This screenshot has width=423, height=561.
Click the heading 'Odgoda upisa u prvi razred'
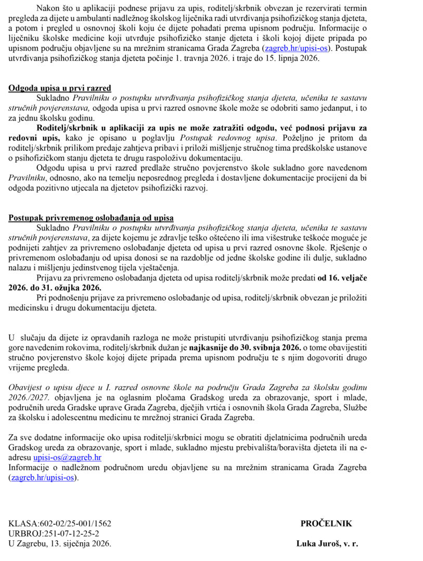59,88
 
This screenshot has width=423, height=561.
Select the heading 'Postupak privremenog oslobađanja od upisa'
91,218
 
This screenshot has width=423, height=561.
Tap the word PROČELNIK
326,524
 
